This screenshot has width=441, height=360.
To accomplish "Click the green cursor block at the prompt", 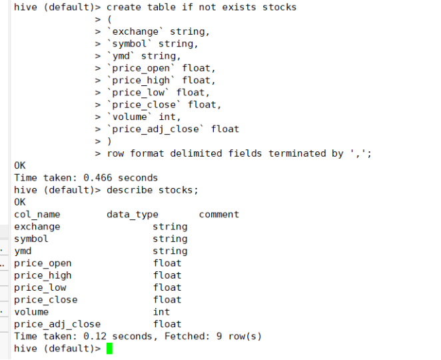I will coord(109,349).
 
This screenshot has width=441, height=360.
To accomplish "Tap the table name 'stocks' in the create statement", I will coord(280,7).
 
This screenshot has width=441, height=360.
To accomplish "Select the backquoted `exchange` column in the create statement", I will coord(135,31).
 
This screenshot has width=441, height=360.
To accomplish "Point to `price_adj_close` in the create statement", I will coord(156,129).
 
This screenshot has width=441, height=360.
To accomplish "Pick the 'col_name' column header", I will coord(37,215).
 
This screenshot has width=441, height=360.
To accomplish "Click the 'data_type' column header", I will coord(132,215).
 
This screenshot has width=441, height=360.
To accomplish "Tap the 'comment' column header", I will coord(219,215).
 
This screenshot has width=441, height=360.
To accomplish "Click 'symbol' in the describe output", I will coord(31,239).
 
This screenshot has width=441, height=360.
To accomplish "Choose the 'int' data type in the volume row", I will coord(161,312).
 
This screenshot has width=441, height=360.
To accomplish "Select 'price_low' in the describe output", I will coord(40,287).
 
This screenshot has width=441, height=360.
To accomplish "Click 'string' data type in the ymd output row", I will coord(170,251).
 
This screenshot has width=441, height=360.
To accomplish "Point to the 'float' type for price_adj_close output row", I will coord(167,324).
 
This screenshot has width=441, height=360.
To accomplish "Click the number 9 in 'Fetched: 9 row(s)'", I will coord(219,336).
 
